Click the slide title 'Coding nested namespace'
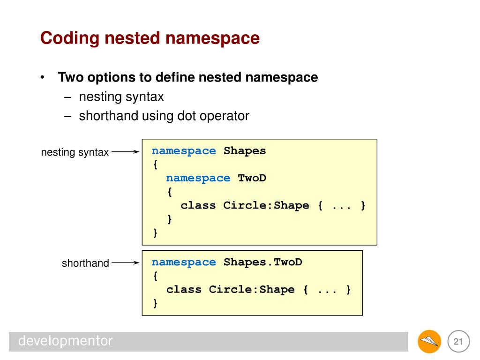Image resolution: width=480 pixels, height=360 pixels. pyautogui.click(x=150, y=38)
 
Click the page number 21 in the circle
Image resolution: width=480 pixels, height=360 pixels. pyautogui.click(x=458, y=342)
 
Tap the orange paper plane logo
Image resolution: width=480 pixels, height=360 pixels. pyautogui.click(x=429, y=341)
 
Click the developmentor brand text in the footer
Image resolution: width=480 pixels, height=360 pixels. pyautogui.click(x=66, y=341)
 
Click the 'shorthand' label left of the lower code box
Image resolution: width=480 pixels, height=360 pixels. pyautogui.click(x=85, y=263)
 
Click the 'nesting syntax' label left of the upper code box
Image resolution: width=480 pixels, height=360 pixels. pyautogui.click(x=75, y=152)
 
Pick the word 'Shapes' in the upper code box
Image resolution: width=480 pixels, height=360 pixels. pyautogui.click(x=245, y=151)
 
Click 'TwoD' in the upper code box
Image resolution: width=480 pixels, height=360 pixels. pyautogui.click(x=252, y=178)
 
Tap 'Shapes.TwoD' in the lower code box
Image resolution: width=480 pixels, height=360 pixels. pyautogui.click(x=262, y=262)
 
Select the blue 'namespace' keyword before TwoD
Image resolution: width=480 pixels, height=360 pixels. pyautogui.click(x=198, y=178)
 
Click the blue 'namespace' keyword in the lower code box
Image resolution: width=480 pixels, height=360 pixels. pyautogui.click(x=184, y=262)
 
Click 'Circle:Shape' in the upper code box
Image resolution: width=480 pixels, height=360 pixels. pyautogui.click(x=266, y=205)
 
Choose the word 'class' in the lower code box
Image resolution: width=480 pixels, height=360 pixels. pyautogui.click(x=184, y=289)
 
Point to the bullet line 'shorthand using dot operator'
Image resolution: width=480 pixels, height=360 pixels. pyautogui.click(x=164, y=116)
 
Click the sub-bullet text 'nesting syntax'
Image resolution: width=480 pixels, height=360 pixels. pyautogui.click(x=121, y=97)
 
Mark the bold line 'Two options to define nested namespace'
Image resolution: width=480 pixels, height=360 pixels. pyautogui.click(x=188, y=77)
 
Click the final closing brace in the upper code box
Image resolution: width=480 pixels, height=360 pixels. pyautogui.click(x=155, y=232)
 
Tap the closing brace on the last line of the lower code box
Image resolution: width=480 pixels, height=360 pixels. pyautogui.click(x=155, y=303)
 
